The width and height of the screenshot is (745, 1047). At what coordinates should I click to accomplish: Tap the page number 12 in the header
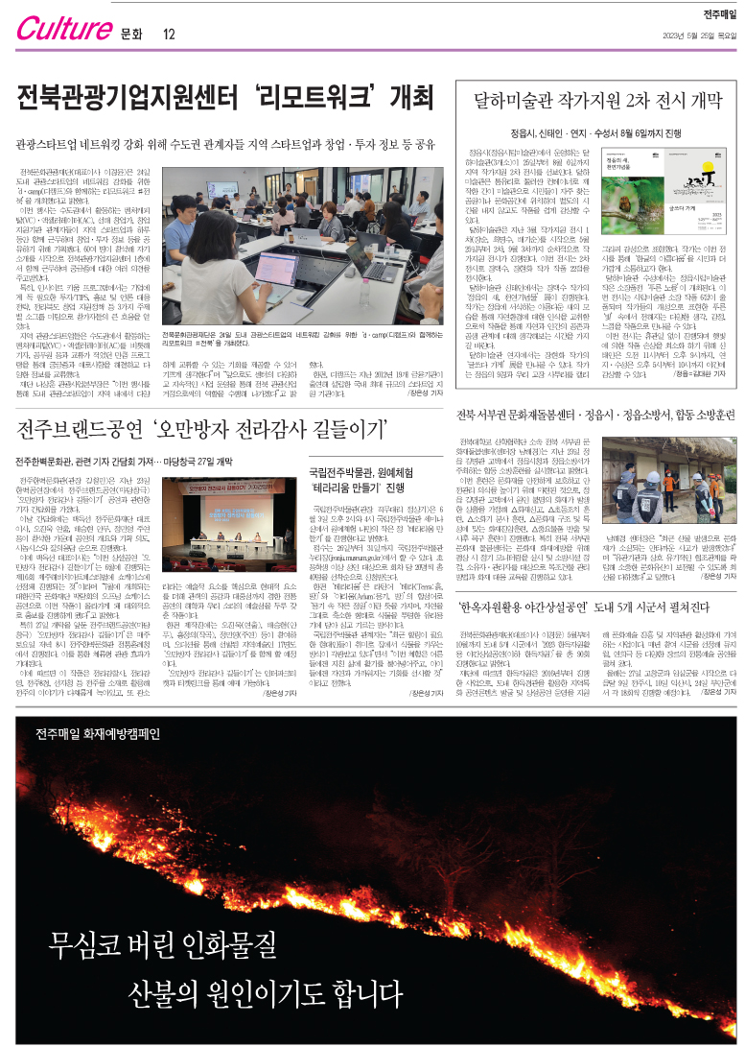(x=169, y=36)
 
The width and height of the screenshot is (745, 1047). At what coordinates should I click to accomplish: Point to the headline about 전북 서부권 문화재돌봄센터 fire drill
(x=597, y=416)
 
